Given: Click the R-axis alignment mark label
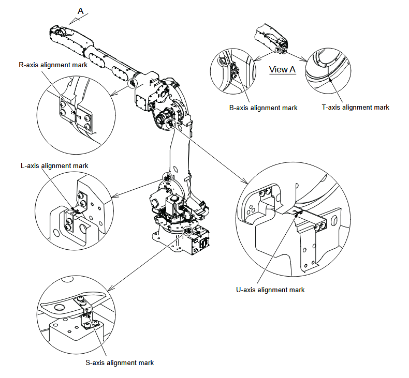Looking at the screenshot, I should pyautogui.click(x=52, y=65).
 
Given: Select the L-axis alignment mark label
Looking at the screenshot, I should pyautogui.click(x=54, y=165).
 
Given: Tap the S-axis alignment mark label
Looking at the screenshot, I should pyautogui.click(x=119, y=362).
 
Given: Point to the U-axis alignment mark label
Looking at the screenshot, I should pyautogui.click(x=270, y=290).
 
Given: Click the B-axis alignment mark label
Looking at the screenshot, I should pyautogui.click(x=263, y=108).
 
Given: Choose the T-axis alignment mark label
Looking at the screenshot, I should pyautogui.click(x=355, y=107).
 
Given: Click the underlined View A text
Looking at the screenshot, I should pyautogui.click(x=282, y=70).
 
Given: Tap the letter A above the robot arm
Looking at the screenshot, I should pyautogui.click(x=80, y=10).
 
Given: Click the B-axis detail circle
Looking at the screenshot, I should pyautogui.click(x=234, y=75).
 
